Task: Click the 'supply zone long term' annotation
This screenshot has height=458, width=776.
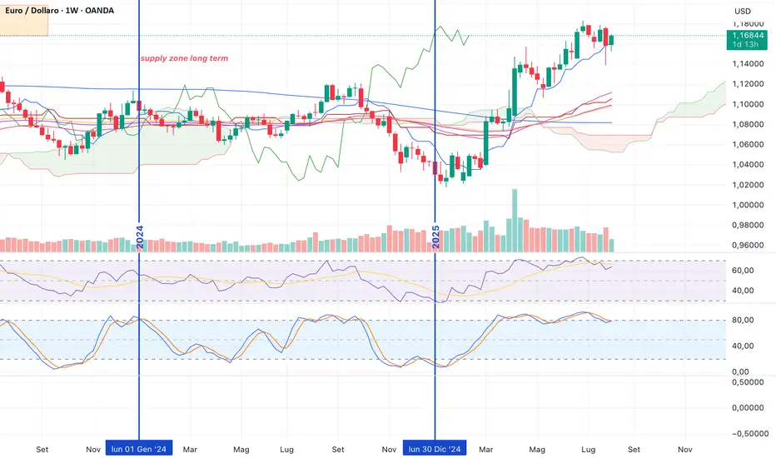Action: click(184, 58)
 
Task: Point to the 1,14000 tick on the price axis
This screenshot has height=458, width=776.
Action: click(747, 64)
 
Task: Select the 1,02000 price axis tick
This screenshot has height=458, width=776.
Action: click(747, 185)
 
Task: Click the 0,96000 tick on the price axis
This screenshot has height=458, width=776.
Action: click(747, 246)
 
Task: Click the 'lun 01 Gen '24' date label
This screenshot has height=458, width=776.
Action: click(138, 449)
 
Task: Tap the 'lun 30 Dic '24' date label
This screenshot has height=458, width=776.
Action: click(435, 449)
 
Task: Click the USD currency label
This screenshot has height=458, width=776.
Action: click(742, 11)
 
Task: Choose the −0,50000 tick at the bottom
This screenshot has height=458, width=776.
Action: click(747, 434)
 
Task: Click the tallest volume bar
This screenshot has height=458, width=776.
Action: click(513, 221)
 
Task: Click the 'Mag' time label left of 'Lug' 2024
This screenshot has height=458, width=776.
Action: click(241, 449)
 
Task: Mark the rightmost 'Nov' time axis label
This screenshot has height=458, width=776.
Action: click(685, 449)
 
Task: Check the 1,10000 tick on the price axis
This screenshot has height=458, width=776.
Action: click(747, 104)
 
